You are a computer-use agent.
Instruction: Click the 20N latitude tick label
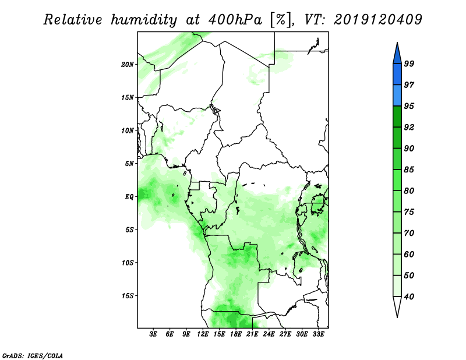pyautogui.click(x=128, y=65)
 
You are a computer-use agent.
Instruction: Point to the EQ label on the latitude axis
pyautogui.click(x=129, y=197)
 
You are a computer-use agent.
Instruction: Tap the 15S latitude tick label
pyautogui.click(x=128, y=296)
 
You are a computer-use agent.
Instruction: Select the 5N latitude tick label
pyautogui.click(x=129, y=164)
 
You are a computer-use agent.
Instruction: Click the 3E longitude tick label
pyautogui.click(x=153, y=334)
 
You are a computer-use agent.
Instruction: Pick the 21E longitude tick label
pyautogui.click(x=252, y=334)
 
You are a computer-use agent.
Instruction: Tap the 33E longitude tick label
pyautogui.click(x=318, y=334)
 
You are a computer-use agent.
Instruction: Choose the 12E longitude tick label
pyautogui.click(x=202, y=334)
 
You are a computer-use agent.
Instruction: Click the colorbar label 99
pyautogui.click(x=409, y=63)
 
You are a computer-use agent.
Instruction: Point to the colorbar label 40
pyautogui.click(x=409, y=297)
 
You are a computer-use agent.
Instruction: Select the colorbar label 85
pyautogui.click(x=409, y=170)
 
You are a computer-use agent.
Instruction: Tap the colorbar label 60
pyautogui.click(x=409, y=254)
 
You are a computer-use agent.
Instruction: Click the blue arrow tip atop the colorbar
pyautogui.click(x=397, y=43)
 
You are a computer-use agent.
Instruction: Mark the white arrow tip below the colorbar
pyautogui.click(x=397, y=317)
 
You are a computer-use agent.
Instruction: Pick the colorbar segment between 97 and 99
pyautogui.click(x=397, y=75)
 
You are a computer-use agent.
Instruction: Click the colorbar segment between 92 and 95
pyautogui.click(x=397, y=117)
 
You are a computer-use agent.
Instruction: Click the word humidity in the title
pyautogui.click(x=144, y=20)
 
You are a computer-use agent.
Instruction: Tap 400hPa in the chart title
pyautogui.click(x=235, y=20)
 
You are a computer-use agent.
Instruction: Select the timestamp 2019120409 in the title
pyautogui.click(x=377, y=20)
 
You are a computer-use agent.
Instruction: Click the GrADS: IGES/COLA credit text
pyautogui.click(x=33, y=356)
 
